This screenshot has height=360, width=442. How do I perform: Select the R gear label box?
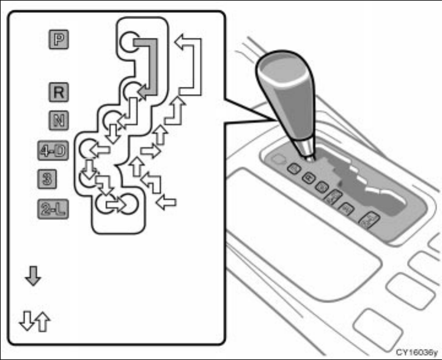(59, 93)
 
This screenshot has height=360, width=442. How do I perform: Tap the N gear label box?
(59, 119)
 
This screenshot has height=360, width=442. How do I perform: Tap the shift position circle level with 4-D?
(90, 149)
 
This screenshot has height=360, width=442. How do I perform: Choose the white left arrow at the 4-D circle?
(100, 149)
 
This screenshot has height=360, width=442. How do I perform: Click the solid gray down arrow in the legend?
(33, 277)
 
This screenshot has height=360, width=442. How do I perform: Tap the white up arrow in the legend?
(43, 321)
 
